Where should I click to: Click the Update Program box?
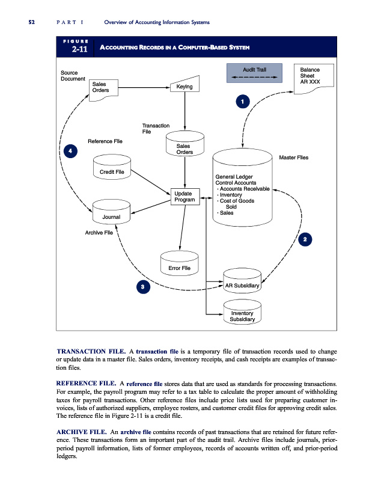(184, 196)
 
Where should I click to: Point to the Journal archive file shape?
(111, 214)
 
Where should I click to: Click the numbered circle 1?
(241, 102)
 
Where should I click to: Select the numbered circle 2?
(306, 240)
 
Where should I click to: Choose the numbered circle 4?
(70, 150)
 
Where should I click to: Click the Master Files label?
(294, 158)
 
